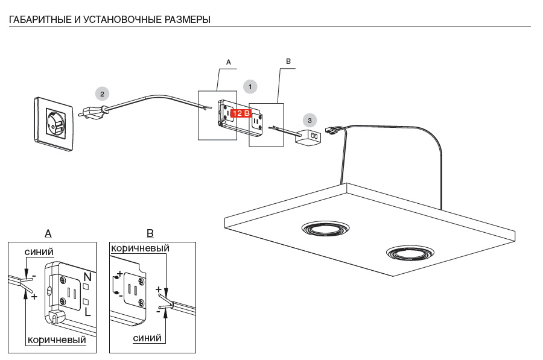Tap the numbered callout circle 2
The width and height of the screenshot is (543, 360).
tap(103, 93)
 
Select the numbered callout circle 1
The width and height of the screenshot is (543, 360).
tap(250, 86)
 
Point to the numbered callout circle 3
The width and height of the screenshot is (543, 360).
tap(310, 120)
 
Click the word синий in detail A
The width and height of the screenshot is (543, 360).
tap(39, 251)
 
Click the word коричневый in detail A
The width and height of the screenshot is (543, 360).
tap(57, 339)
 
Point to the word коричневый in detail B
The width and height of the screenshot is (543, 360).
tap(139, 248)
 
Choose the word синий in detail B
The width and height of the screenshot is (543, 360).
tap(147, 338)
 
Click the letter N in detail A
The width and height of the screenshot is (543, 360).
tap(87, 277)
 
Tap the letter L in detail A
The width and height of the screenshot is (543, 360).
tap(87, 312)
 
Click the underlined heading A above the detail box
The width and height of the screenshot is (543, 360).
tap(48, 234)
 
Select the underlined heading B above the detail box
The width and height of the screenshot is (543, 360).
tap(150, 234)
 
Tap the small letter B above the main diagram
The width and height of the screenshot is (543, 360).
tap(288, 62)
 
